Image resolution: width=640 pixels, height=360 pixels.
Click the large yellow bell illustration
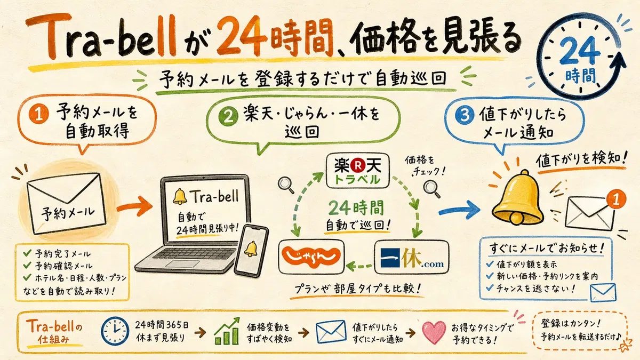[x=517, y=198]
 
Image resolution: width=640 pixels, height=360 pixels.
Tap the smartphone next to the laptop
[x=251, y=251]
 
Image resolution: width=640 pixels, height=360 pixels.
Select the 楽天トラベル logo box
[x=358, y=171]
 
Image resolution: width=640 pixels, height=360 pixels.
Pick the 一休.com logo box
[x=412, y=257]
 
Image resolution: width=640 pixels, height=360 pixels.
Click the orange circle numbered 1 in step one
[x=38, y=114]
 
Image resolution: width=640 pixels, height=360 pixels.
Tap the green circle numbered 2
[x=228, y=117]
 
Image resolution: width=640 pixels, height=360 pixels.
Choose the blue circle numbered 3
[x=465, y=115]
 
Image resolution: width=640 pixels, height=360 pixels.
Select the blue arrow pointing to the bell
[x=459, y=210]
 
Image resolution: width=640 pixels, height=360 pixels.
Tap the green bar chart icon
[x=227, y=331]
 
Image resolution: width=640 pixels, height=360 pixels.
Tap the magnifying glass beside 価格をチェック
[x=431, y=189]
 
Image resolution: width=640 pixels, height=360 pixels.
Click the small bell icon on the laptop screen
[x=180, y=196]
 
